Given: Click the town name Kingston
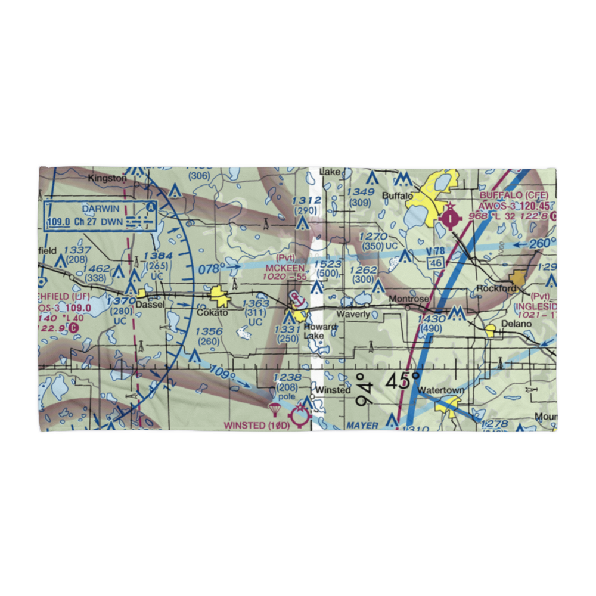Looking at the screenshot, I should click(107, 178).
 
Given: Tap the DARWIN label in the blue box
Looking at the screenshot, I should click(101, 209).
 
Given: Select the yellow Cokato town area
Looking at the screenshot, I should click(219, 295).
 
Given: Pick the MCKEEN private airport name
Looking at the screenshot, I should click(285, 268).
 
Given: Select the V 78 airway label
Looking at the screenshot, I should click(436, 252).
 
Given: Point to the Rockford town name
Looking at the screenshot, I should click(496, 288).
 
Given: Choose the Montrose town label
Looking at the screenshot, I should click(408, 299).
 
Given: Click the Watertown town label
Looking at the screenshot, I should click(440, 390).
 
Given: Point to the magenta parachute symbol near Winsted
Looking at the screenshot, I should click(275, 409).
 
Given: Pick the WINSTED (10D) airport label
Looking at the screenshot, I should click(257, 425).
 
